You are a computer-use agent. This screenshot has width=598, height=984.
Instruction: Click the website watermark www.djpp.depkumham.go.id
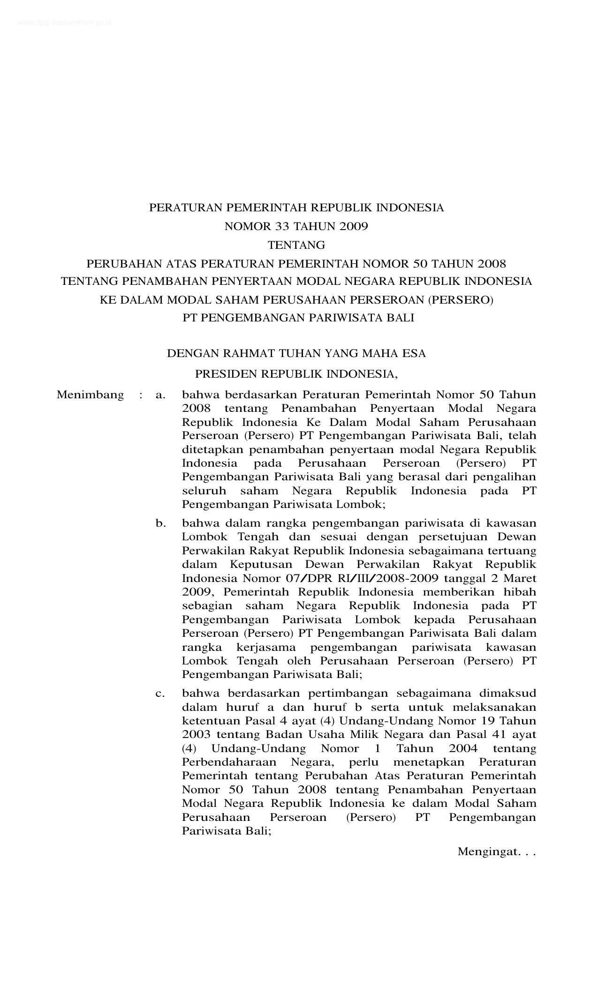[64, 22]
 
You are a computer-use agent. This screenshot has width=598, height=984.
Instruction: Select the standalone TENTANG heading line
[296, 245]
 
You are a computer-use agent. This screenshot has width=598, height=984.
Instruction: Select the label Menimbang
[91, 395]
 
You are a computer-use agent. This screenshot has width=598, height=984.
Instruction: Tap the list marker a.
[160, 395]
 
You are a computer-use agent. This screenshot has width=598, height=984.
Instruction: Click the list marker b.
[161, 523]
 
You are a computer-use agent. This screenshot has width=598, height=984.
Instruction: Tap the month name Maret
[521, 578]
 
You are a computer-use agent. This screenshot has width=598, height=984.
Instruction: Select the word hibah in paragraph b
[521, 592]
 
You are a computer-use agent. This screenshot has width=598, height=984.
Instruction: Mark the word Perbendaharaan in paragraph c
[229, 762]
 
